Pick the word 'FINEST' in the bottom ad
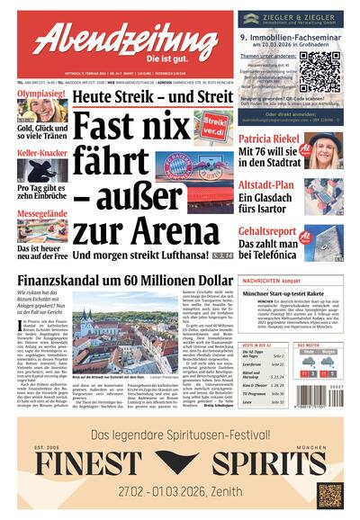coord(90,462)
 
